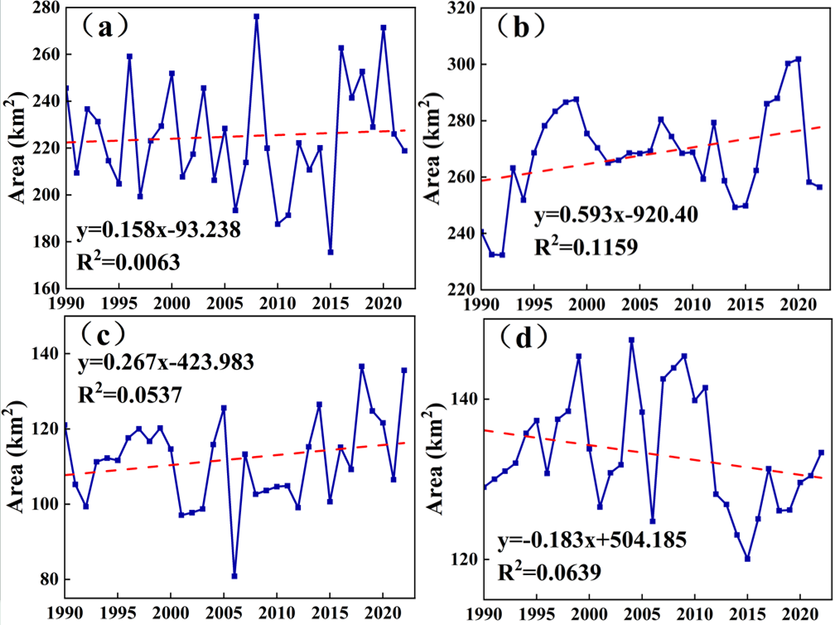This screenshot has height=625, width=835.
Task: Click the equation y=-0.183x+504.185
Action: pyautogui.click(x=591, y=541)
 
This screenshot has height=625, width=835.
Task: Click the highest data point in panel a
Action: pyautogui.click(x=256, y=17)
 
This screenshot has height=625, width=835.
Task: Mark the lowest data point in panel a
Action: pyautogui.click(x=331, y=252)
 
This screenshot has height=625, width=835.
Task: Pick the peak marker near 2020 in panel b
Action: pyautogui.click(x=799, y=59)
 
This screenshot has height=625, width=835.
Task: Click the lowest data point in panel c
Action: pyautogui.click(x=235, y=576)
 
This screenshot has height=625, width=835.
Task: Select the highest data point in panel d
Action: pyautogui.click(x=632, y=340)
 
